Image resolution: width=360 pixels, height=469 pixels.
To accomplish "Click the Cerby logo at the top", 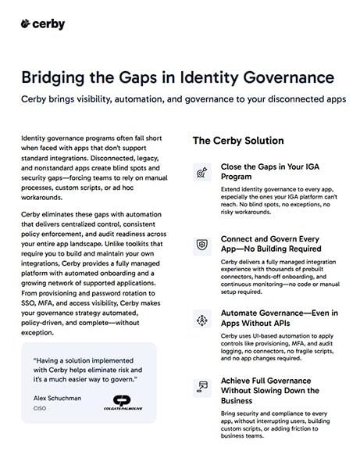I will point(43,23).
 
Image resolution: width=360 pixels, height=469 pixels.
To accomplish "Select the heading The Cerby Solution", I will point(238,141).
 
